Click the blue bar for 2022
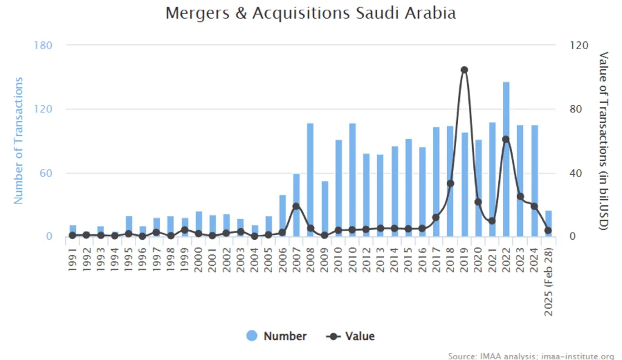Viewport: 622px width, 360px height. tap(506, 159)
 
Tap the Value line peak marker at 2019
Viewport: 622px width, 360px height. tap(464, 70)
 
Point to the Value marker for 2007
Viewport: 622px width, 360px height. tap(296, 206)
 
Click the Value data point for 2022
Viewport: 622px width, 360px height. tap(506, 140)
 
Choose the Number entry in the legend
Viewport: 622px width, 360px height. tap(277, 336)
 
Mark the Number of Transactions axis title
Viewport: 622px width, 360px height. tap(19, 140)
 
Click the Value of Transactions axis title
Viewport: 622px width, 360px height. tap(603, 141)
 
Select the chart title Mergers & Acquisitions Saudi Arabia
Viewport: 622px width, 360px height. tap(310, 13)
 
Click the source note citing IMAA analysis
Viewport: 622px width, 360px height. tap(531, 356)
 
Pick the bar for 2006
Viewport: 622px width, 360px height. tap(282, 216)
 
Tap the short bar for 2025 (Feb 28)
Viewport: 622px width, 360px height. tap(549, 223)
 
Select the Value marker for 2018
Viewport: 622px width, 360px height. tap(450, 183)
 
